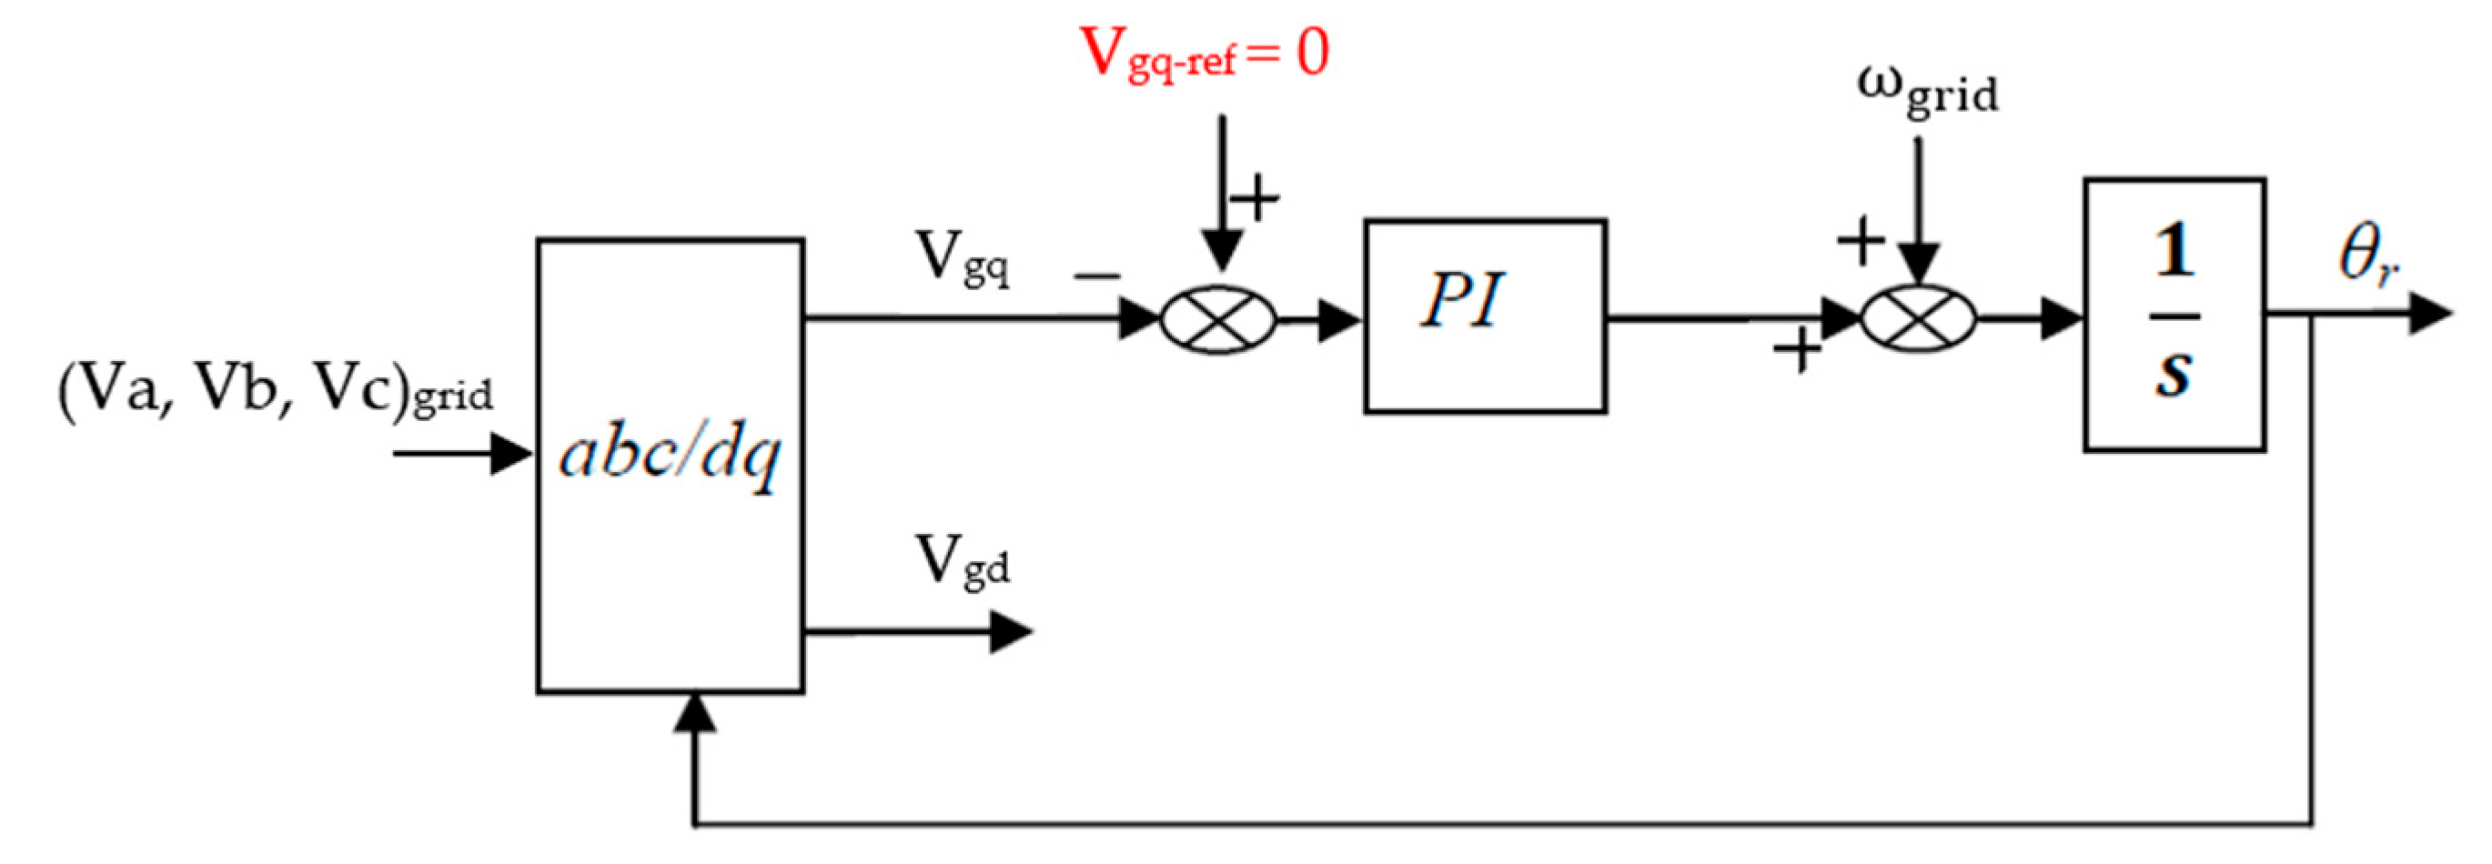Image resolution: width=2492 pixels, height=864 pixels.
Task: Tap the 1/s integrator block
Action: [2174, 315]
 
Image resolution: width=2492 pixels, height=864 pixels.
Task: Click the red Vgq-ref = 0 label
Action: [1204, 54]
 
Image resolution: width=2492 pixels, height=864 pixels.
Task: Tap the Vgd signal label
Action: [962, 561]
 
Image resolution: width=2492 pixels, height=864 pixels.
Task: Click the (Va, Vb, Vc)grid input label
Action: [276, 392]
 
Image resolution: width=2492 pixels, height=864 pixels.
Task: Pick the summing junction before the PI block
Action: [1218, 318]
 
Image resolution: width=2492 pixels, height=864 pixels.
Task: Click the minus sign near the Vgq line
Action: [1096, 276]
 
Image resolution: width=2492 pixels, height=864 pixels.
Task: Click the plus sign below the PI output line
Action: [1798, 350]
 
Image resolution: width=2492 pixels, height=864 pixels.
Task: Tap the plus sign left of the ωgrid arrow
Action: [1861, 241]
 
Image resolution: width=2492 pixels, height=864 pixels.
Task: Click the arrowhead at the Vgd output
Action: [1010, 633]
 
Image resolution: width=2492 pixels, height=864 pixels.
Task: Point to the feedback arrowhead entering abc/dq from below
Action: [694, 714]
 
